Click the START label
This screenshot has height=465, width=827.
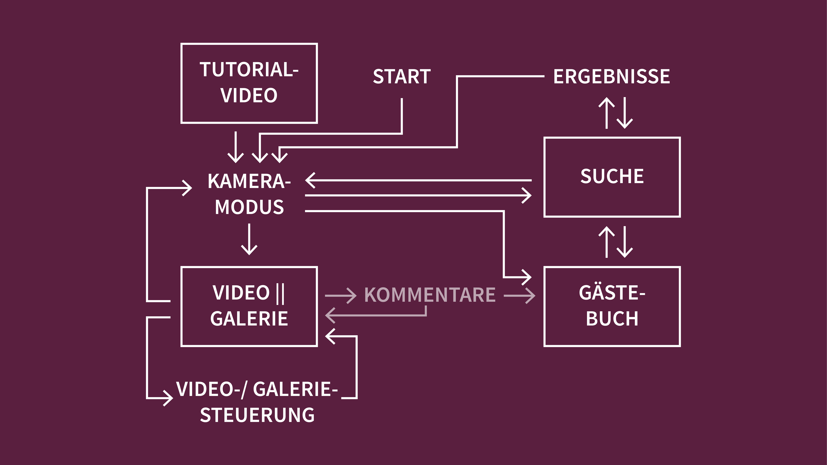tap(402, 77)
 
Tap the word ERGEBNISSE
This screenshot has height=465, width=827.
tap(612, 77)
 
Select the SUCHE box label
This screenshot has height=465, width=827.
tap(612, 176)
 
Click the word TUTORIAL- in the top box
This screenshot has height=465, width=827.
tap(249, 70)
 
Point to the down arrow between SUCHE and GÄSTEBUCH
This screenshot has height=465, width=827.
tap(625, 242)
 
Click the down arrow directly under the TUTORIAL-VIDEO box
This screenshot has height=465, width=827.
tap(236, 148)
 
